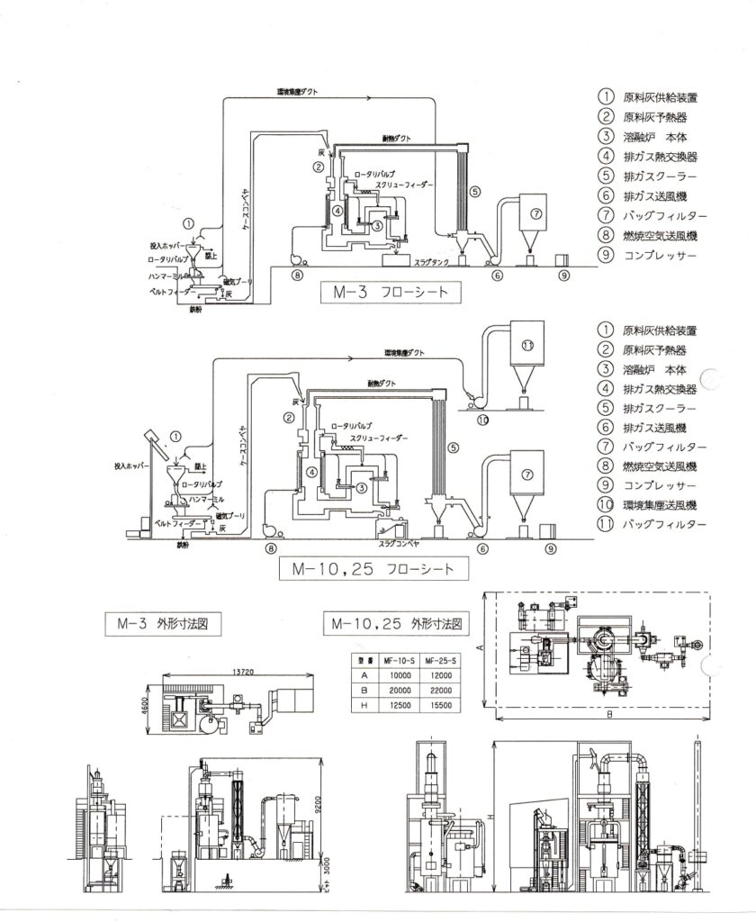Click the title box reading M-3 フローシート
coord(385,292)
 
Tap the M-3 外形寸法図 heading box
coord(161,623)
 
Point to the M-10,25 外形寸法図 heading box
coord(398,623)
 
